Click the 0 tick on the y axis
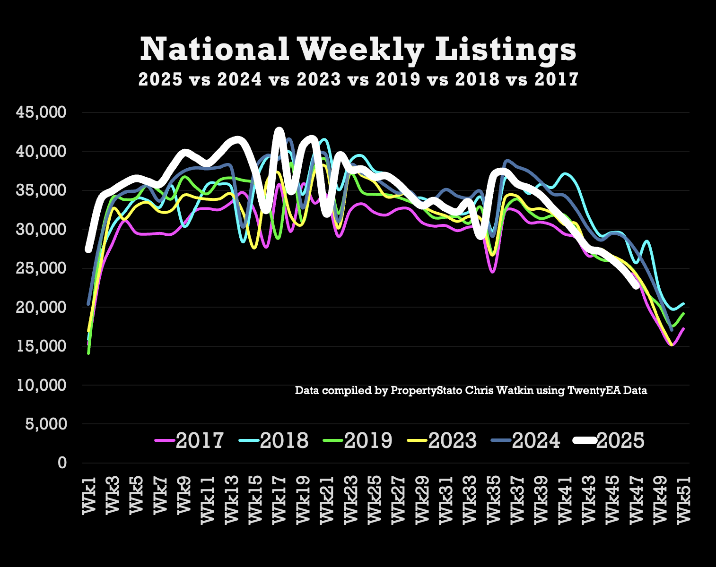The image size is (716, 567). coord(62,463)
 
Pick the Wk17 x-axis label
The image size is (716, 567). coord(279,499)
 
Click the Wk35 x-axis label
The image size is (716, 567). coord(493,499)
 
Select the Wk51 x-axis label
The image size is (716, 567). coord(683,499)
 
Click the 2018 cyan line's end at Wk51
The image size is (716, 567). coord(683,304)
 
